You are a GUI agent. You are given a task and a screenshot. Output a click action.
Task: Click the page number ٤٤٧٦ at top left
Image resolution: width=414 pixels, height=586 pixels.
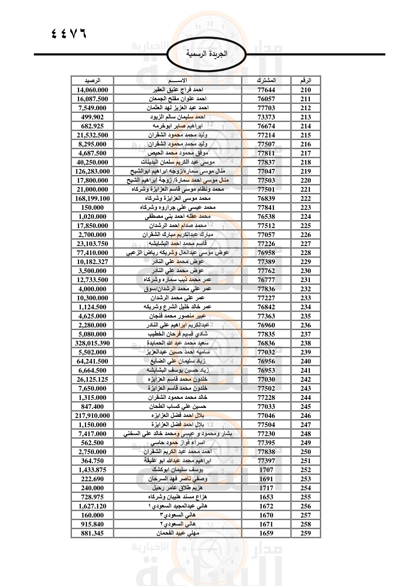pos(69,33)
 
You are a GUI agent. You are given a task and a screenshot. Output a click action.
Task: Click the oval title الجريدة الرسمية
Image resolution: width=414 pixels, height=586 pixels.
pos(206,54)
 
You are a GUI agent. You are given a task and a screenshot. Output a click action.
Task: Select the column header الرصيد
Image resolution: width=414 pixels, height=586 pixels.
pos(92,81)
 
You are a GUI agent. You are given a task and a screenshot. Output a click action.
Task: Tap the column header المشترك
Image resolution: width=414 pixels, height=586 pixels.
pos(266,81)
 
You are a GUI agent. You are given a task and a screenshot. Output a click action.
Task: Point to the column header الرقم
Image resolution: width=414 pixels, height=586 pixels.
pos(305,81)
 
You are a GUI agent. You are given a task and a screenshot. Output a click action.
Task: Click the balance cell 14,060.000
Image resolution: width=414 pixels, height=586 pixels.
pos(92,90)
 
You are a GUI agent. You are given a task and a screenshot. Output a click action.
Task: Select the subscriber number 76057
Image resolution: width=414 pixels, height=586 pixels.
pos(266,99)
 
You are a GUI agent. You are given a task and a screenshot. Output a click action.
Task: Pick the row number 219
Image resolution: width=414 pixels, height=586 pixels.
pos(305,171)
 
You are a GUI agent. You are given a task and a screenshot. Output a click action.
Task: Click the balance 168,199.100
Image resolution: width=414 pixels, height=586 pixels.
pos(92,198)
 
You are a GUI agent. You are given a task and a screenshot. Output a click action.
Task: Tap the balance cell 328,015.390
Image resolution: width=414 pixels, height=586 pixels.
pos(92,343)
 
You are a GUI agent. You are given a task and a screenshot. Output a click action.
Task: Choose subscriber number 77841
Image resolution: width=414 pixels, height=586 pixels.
pos(266,207)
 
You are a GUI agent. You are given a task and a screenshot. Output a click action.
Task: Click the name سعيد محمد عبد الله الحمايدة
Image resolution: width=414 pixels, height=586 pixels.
pos(178,343)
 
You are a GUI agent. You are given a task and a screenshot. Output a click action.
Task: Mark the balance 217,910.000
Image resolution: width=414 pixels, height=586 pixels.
pos(92,415)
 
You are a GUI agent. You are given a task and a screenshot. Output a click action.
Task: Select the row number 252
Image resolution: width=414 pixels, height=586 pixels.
pos(305,470)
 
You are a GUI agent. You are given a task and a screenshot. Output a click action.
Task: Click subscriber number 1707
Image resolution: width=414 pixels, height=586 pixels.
pos(266,470)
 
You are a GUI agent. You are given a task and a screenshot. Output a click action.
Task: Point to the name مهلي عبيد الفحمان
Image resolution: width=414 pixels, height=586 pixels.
pos(178,533)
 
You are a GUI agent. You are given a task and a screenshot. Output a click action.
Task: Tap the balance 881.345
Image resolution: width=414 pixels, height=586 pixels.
pos(92,533)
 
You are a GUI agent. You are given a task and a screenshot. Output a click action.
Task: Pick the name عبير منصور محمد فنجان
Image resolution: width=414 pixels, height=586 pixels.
pos(178,316)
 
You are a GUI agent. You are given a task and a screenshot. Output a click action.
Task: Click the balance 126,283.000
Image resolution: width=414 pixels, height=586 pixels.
pos(92,171)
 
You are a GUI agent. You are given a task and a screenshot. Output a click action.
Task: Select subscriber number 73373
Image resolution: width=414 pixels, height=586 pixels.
pos(266,117)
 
